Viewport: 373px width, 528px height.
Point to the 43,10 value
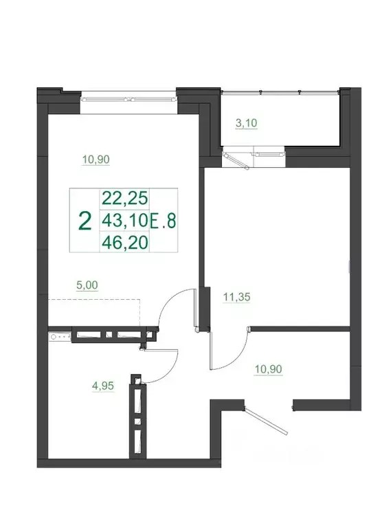coord(124,220)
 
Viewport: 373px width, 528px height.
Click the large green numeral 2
coord(85,220)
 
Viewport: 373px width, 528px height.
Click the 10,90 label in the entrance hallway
coord(269,369)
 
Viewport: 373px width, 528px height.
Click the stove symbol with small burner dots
coord(58,337)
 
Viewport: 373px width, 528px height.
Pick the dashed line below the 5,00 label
coord(93,300)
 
